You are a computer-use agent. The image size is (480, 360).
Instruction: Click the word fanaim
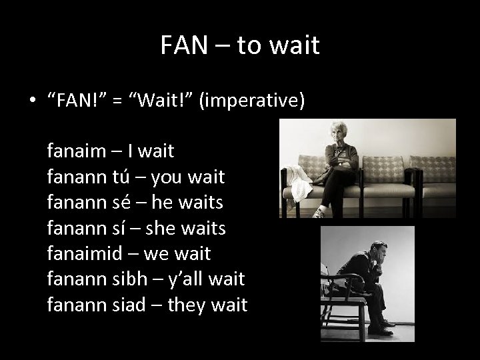77,151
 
